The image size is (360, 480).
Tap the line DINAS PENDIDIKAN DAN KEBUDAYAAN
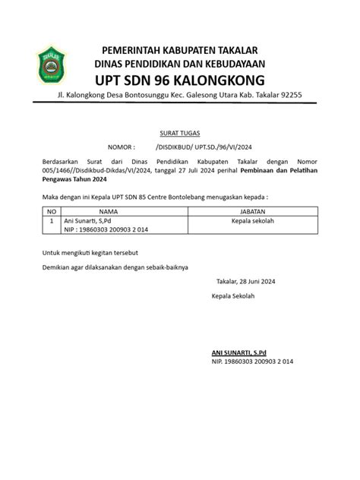pyautogui.click(x=179, y=63)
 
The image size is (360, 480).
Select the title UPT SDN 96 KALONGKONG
pyautogui.click(x=179, y=80)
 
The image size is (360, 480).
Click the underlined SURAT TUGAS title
pyautogui.click(x=179, y=132)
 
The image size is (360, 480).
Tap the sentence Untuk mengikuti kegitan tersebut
pyautogui.click(x=90, y=251)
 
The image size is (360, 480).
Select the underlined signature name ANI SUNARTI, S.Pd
pyautogui.click(x=244, y=353)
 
